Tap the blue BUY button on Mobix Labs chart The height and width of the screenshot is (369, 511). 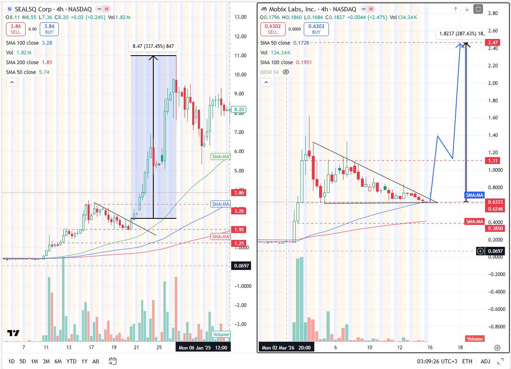[316, 29]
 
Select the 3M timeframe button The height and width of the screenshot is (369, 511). [46, 361]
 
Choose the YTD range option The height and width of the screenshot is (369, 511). [71, 361]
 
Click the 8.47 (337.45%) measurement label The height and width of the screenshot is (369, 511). [153, 47]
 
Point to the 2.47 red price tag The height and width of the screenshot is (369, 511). [494, 43]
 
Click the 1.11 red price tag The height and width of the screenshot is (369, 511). [494, 161]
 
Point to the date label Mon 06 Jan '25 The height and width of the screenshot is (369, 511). [195, 347]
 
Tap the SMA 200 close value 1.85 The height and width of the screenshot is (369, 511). [46, 63]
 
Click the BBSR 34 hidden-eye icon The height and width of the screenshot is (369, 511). [286, 72]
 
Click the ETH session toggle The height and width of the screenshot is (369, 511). [467, 361]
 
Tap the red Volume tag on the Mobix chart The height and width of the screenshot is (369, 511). [474, 339]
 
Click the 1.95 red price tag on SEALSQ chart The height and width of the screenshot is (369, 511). [238, 230]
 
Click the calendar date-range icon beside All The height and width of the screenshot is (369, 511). [113, 361]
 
